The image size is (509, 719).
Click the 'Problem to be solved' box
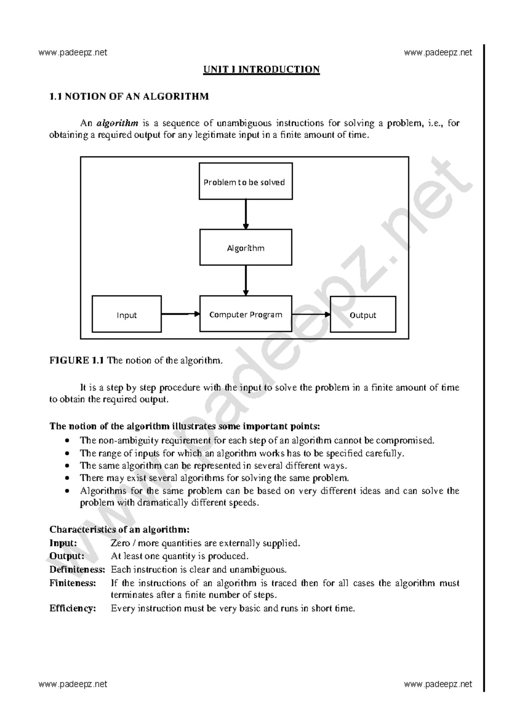click(x=246, y=181)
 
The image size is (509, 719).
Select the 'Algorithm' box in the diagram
click(x=246, y=248)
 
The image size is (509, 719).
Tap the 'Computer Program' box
click(x=246, y=314)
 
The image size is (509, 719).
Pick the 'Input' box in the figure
click(x=127, y=314)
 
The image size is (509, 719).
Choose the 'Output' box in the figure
click(x=363, y=314)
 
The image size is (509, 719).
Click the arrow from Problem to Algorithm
click(x=246, y=214)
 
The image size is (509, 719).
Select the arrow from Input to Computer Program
click(x=180, y=314)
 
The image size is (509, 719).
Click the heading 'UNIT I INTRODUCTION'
click(x=261, y=69)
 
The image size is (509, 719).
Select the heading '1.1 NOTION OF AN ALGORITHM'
click(x=129, y=96)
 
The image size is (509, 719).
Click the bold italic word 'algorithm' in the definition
click(x=117, y=123)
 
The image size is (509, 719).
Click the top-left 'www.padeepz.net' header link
click(x=73, y=53)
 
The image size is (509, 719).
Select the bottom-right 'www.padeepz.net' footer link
click(x=438, y=684)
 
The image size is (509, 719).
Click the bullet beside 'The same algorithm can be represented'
click(x=67, y=466)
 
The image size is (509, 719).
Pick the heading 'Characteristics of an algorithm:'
click(x=120, y=529)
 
